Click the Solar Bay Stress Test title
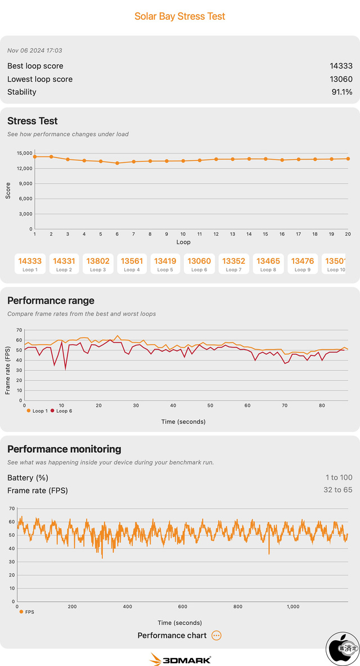pos(180,16)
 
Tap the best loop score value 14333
pos(341,66)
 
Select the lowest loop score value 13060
pos(341,79)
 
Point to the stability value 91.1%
pos(342,92)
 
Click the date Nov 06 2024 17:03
pos(34,51)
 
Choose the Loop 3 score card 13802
pos(98,264)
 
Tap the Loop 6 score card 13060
pos(199,264)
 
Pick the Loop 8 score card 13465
pos(268,264)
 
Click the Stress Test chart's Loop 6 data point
pos(117,163)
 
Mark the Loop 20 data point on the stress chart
pos(349,159)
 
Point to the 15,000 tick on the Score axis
pos(24,153)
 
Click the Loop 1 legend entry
pos(37,411)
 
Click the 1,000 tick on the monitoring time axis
pos(293,607)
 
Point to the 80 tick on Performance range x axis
pos(322,406)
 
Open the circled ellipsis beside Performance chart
pos(217,636)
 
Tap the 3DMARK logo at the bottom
pos(180,659)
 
